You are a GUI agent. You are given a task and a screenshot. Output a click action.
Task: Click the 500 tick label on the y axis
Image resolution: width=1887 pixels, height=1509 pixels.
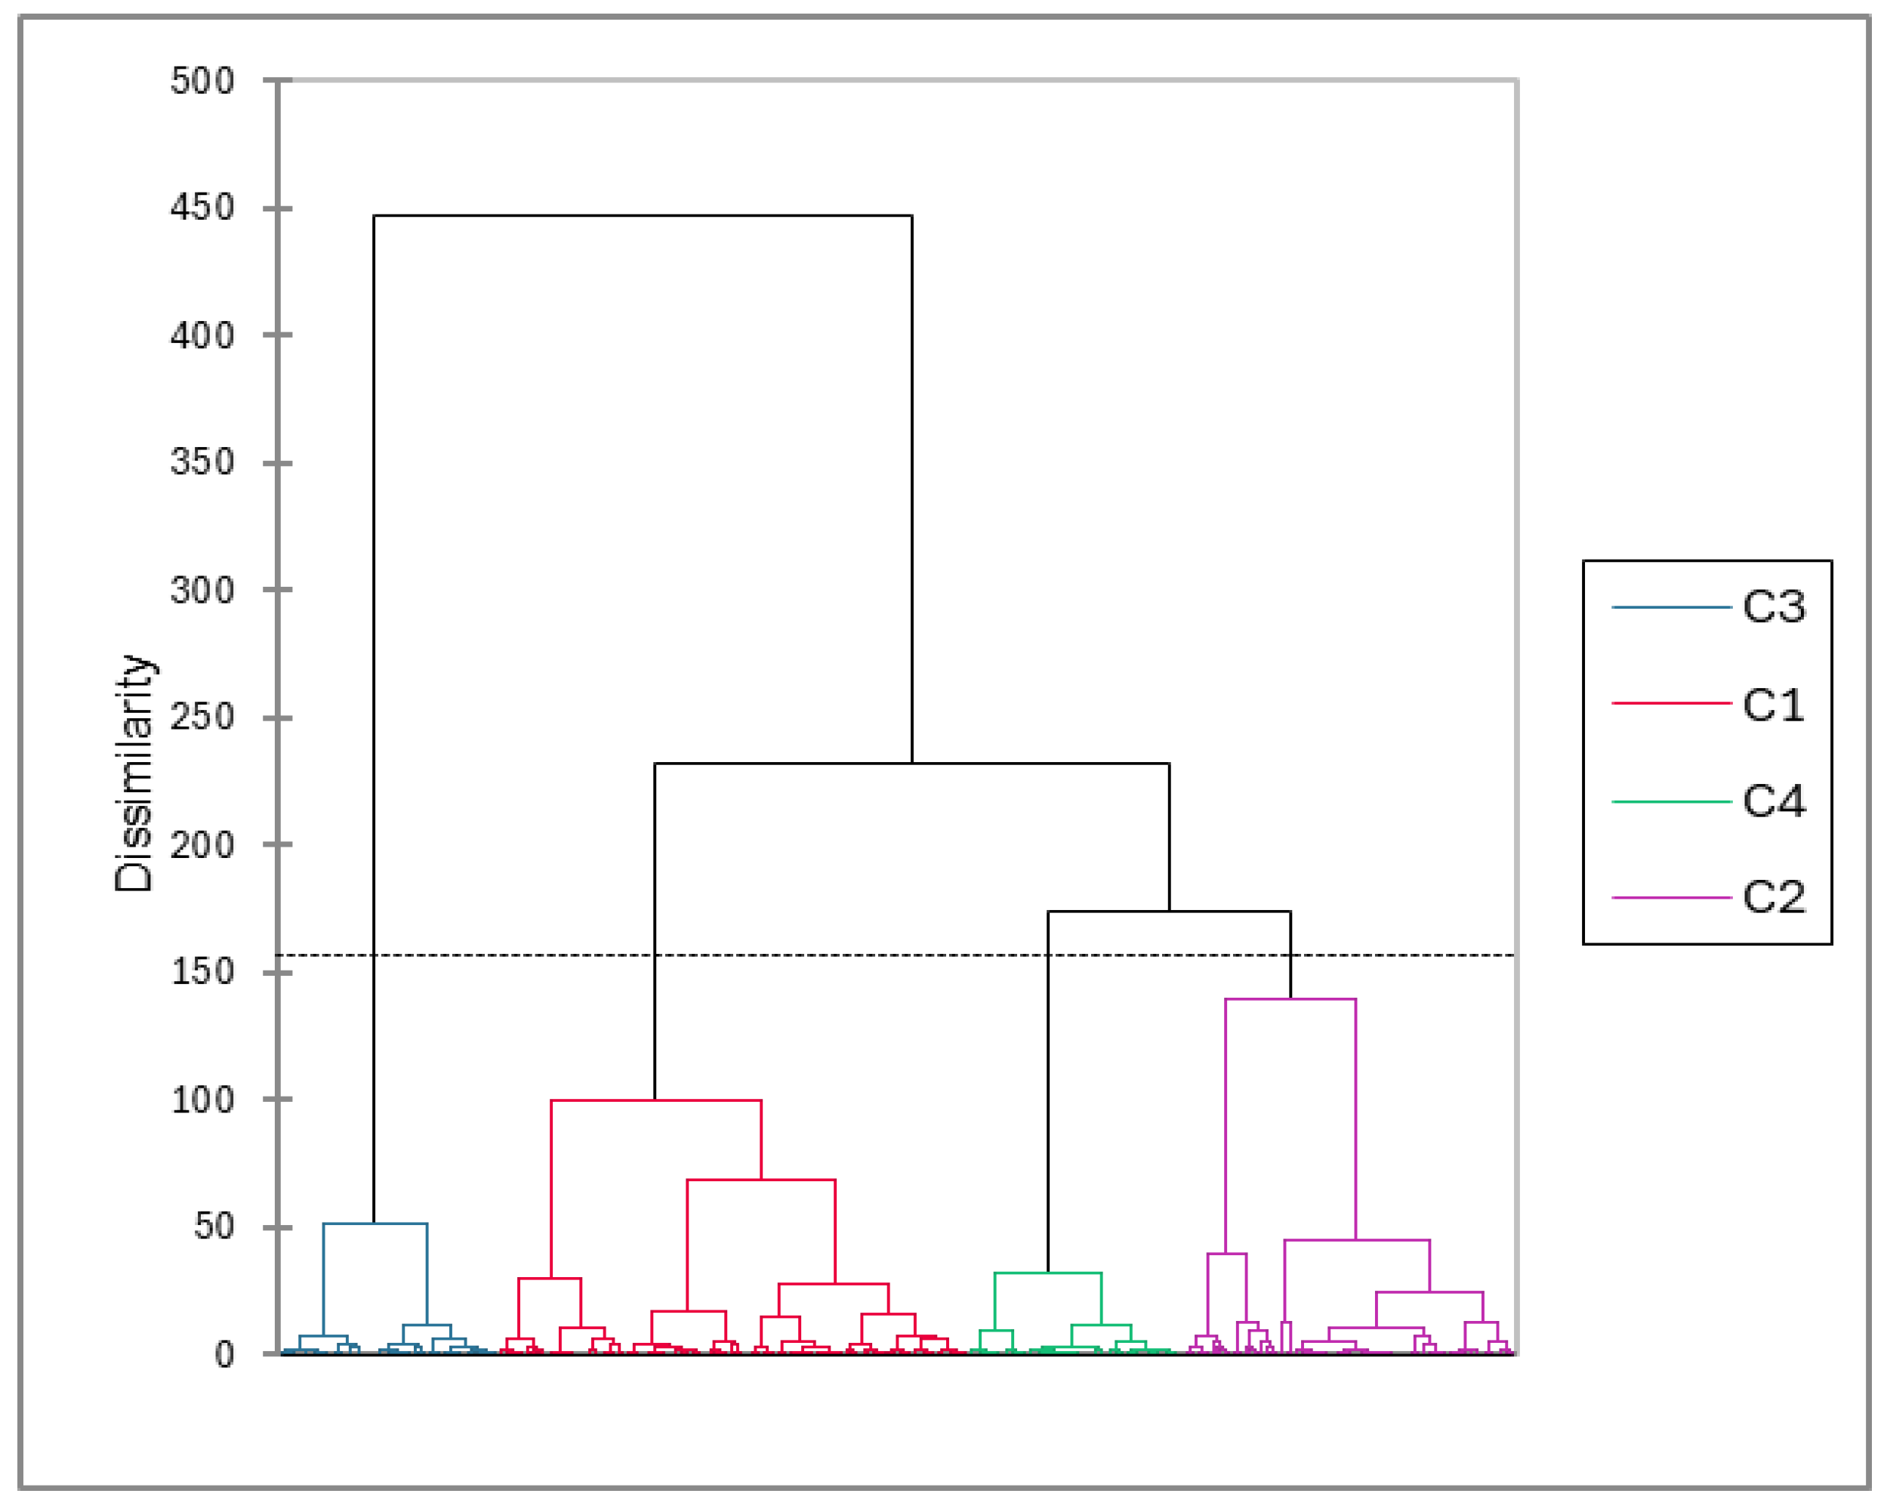(202, 82)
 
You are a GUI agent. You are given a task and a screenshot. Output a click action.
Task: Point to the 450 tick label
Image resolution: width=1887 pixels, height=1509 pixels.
(202, 208)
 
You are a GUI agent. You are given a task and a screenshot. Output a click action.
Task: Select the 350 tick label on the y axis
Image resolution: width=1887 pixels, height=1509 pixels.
(202, 462)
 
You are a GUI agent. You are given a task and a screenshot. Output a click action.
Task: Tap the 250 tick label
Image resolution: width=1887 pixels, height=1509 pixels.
(202, 717)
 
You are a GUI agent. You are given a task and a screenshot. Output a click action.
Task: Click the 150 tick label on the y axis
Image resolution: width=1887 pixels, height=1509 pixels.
(202, 971)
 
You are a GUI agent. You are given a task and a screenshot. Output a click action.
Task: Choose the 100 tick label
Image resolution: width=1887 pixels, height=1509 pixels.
(202, 1100)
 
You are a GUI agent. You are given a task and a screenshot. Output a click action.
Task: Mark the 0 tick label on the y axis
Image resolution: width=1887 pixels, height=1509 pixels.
(224, 1355)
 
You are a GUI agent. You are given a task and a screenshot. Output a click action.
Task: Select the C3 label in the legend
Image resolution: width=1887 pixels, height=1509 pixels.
(1773, 606)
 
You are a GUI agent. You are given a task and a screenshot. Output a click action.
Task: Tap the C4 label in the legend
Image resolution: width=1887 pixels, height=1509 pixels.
(1773, 801)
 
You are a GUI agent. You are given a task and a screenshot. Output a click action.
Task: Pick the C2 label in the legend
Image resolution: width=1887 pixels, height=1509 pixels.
(1773, 897)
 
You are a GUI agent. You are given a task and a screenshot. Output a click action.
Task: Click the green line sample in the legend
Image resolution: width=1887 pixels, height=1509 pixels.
(1671, 802)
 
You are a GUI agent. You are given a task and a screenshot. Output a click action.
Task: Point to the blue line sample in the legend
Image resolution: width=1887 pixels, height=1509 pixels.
(1671, 607)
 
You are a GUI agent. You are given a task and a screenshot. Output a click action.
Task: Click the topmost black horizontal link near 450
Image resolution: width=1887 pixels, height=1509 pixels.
(643, 215)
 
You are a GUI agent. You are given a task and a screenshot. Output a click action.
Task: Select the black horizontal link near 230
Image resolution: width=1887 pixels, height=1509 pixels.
(911, 764)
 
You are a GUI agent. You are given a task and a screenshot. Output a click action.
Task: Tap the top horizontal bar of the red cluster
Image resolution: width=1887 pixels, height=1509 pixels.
(655, 1100)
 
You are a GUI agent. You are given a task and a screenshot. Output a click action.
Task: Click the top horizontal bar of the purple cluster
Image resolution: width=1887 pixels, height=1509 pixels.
(1290, 998)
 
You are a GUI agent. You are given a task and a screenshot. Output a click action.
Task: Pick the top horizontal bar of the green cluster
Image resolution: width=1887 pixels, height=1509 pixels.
(1047, 1273)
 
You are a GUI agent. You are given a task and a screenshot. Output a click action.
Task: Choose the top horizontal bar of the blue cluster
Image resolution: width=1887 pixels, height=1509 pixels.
(375, 1224)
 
